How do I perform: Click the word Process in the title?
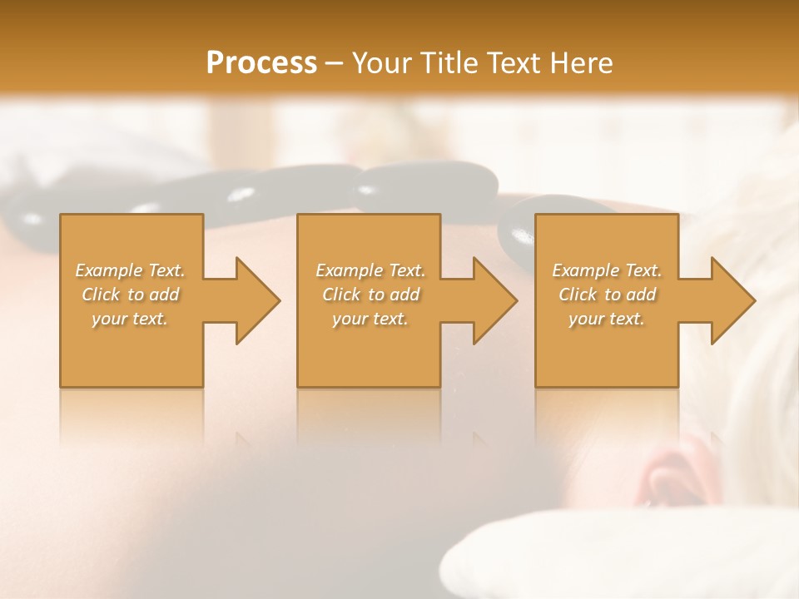point(261,63)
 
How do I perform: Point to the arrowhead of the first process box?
point(258,300)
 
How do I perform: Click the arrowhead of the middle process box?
point(496,300)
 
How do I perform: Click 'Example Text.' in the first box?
point(131,270)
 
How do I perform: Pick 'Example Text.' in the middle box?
point(370,270)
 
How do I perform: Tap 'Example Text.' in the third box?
point(607,270)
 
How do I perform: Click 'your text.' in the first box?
point(131,319)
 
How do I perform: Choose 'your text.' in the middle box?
point(370,319)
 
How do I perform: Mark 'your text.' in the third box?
point(607,319)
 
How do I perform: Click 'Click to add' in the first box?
point(131,295)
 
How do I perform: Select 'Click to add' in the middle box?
point(370,295)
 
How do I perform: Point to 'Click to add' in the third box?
point(607,295)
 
